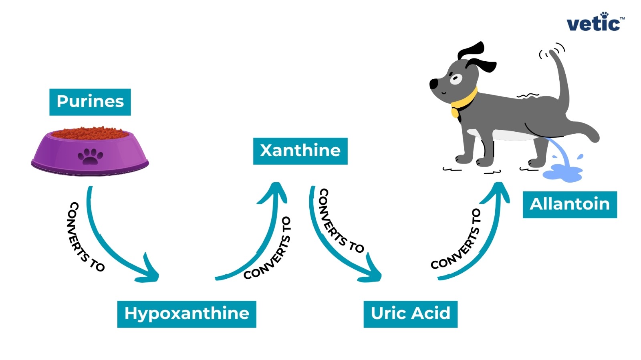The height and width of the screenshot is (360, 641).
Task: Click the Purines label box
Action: [90, 102]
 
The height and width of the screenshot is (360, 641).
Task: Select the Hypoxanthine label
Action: [187, 314]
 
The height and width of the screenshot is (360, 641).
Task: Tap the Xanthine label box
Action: [300, 151]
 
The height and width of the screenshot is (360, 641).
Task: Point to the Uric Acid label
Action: [410, 314]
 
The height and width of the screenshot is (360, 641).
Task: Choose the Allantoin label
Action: [569, 204]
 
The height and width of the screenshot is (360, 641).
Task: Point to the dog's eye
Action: [456, 78]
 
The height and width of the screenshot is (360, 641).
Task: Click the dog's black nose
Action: [433, 84]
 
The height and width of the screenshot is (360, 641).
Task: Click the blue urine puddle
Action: [562, 173]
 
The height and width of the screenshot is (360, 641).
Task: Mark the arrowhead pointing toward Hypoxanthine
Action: [150, 272]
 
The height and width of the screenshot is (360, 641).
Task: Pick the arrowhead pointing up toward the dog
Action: [499, 190]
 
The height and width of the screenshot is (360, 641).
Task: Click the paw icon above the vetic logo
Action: [605, 15]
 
